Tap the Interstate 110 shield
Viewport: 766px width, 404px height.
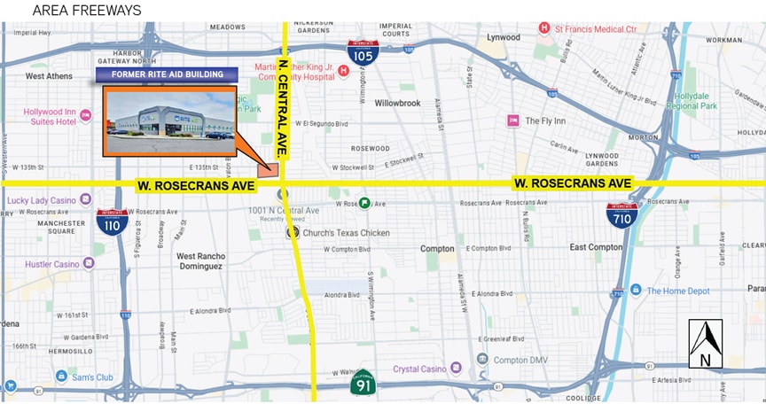(x=112, y=224)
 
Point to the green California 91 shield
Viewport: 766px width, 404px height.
(x=363, y=382)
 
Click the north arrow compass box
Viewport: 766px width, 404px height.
(x=705, y=344)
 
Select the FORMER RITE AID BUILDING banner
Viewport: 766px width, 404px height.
(x=167, y=74)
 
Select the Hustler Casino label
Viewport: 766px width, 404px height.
(x=44, y=263)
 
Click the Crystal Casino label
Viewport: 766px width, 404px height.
(x=419, y=368)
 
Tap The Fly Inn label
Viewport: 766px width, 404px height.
(x=544, y=120)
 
